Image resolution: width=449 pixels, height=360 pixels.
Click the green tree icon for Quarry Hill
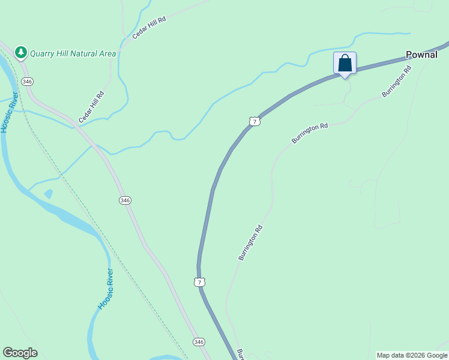coord(21,53)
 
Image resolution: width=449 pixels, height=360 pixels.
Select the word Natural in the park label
coord(85,53)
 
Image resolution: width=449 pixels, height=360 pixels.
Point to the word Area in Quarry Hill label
coord(108,53)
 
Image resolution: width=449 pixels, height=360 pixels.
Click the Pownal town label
coord(421,55)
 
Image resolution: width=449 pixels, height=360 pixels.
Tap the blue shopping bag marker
coord(345,63)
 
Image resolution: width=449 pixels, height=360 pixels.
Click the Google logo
coord(20,353)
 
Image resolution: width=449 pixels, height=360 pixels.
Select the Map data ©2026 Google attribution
coord(412,355)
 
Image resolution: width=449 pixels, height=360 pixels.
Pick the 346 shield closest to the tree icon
coord(26,81)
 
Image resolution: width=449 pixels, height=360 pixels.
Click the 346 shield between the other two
coord(125,200)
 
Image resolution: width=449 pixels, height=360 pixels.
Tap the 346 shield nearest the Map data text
coord(199,341)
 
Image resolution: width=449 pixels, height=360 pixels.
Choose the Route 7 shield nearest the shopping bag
coord(255,121)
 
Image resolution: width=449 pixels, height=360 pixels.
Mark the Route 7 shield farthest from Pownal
coord(200,281)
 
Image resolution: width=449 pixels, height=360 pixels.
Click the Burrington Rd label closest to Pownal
coord(397,81)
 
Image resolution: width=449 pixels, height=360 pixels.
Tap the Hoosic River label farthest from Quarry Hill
coord(106,290)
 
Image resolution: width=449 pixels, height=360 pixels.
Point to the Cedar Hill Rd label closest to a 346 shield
coord(92,107)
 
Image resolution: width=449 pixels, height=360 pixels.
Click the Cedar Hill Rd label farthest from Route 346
coord(149,28)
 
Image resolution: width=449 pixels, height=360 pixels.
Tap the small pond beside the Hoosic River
coord(48,194)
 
